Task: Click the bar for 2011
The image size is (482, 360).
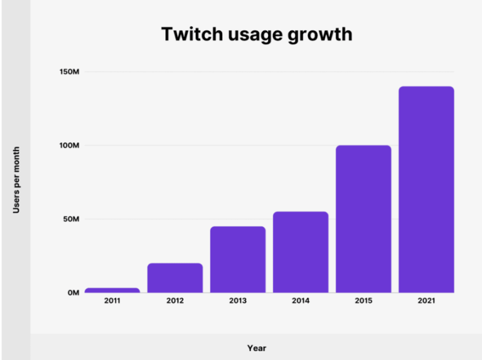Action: pyautogui.click(x=112, y=290)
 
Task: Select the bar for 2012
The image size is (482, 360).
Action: pyautogui.click(x=175, y=278)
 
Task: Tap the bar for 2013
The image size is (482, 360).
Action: pyautogui.click(x=238, y=260)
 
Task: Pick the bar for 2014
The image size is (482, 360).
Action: pyautogui.click(x=301, y=252)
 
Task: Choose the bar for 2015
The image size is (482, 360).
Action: pyautogui.click(x=363, y=219)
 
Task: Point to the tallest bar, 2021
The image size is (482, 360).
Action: pyautogui.click(x=426, y=189)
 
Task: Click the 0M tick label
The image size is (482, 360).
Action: pyautogui.click(x=73, y=293)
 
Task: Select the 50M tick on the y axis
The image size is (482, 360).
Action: pyautogui.click(x=70, y=220)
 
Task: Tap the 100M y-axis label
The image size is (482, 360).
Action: pyautogui.click(x=69, y=146)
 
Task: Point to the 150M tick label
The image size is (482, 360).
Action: pyautogui.click(x=69, y=72)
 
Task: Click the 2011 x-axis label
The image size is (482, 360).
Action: pyautogui.click(x=112, y=302)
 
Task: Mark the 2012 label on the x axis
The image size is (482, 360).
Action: pyautogui.click(x=175, y=302)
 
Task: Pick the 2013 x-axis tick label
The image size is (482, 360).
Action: pyautogui.click(x=238, y=302)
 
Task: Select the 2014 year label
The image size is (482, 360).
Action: pyautogui.click(x=301, y=302)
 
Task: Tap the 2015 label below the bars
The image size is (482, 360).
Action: pyautogui.click(x=363, y=302)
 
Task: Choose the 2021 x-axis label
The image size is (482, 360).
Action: pyautogui.click(x=426, y=302)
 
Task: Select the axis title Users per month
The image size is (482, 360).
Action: pyautogui.click(x=16, y=180)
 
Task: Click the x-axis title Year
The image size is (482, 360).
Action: pyautogui.click(x=256, y=347)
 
